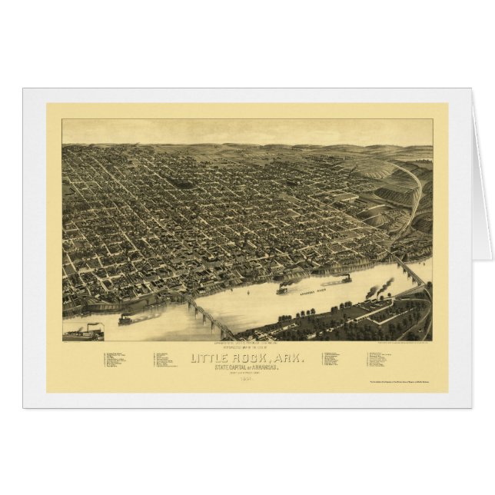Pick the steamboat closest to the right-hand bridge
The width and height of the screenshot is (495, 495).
pyautogui.click(x=342, y=280)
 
